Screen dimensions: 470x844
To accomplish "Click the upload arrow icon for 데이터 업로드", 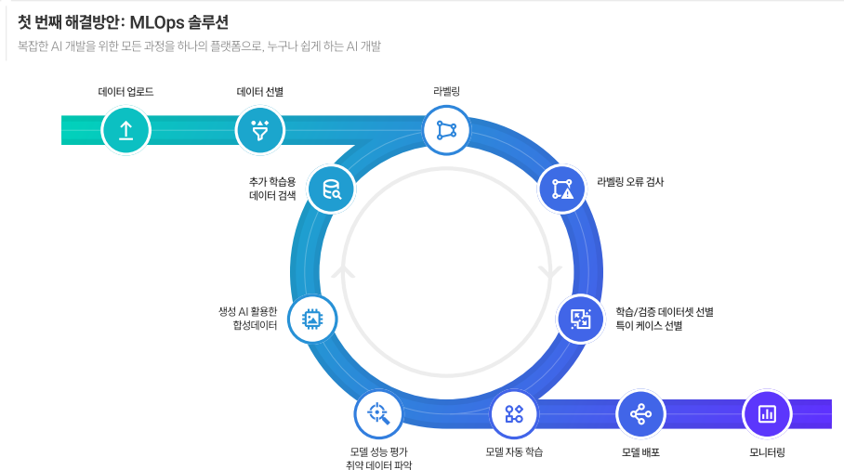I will coord(125,130).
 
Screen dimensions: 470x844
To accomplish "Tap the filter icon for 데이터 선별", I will coord(260,130).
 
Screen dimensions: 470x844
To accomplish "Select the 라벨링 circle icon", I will coord(446,129).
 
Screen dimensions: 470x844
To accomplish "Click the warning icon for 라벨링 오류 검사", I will coord(562,189).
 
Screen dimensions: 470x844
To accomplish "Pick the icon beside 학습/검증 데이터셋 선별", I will coord(581,319).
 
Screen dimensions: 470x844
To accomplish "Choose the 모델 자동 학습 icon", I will coord(514,414).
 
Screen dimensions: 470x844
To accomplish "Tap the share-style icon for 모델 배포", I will coord(640,414).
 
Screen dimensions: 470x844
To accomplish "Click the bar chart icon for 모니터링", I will coord(767,414).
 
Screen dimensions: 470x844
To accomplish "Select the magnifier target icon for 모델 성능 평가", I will coord(378,414).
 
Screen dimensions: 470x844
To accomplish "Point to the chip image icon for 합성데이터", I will coord(312,319).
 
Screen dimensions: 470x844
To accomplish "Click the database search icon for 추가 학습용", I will coord(331,189).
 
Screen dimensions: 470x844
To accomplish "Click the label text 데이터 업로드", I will coord(125,92).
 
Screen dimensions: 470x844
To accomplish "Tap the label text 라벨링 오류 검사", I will coord(630,182).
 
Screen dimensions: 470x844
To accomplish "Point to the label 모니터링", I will coord(767,452).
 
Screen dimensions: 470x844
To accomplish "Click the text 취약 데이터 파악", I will coord(378,464).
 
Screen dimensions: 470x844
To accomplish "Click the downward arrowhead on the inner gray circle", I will coord(549,273).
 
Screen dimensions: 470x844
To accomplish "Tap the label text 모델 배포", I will coord(640,452).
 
